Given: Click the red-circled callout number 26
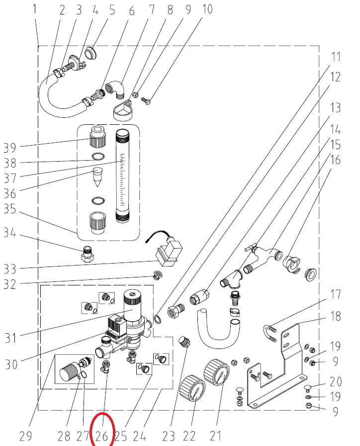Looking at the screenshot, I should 101,436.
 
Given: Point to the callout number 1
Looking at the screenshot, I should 34,9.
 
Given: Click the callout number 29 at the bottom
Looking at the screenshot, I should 26,436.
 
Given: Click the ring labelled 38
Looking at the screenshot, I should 98,157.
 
